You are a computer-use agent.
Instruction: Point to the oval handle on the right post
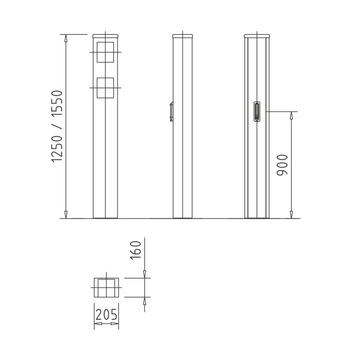tap(259, 111)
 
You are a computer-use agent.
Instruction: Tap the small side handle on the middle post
tap(171, 111)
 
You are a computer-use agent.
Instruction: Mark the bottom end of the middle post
tap(181, 216)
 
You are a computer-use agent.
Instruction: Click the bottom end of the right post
tap(259, 216)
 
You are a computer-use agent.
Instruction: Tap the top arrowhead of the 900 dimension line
tap(292, 112)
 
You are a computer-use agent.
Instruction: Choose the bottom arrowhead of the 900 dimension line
tap(292, 217)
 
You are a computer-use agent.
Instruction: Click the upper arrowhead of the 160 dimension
tap(145, 275)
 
